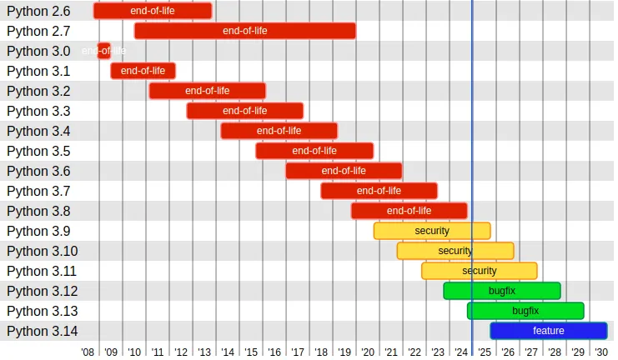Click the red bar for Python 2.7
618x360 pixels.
pos(244,31)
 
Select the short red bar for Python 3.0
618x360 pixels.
pos(104,51)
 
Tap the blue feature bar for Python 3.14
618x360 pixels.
pos(548,331)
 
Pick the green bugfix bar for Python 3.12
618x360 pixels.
pos(501,291)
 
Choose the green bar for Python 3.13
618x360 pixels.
pos(525,311)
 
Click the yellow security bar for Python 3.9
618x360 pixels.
pos(431,231)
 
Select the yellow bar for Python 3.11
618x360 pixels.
pos(479,271)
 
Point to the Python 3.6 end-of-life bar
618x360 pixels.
pos(344,171)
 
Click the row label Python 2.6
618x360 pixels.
pos(38,11)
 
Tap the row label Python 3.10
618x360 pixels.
pos(42,251)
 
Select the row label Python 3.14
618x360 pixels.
pos(42,331)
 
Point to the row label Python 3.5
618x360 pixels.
pos(38,151)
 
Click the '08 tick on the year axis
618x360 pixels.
pos(88,352)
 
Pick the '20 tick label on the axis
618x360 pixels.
pos(368,352)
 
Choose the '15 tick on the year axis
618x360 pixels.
pos(251,352)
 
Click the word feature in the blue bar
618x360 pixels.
pos(548,331)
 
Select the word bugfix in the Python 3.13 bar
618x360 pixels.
pos(525,311)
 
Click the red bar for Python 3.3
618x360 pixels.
pos(244,111)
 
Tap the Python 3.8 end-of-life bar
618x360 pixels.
pos(409,211)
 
